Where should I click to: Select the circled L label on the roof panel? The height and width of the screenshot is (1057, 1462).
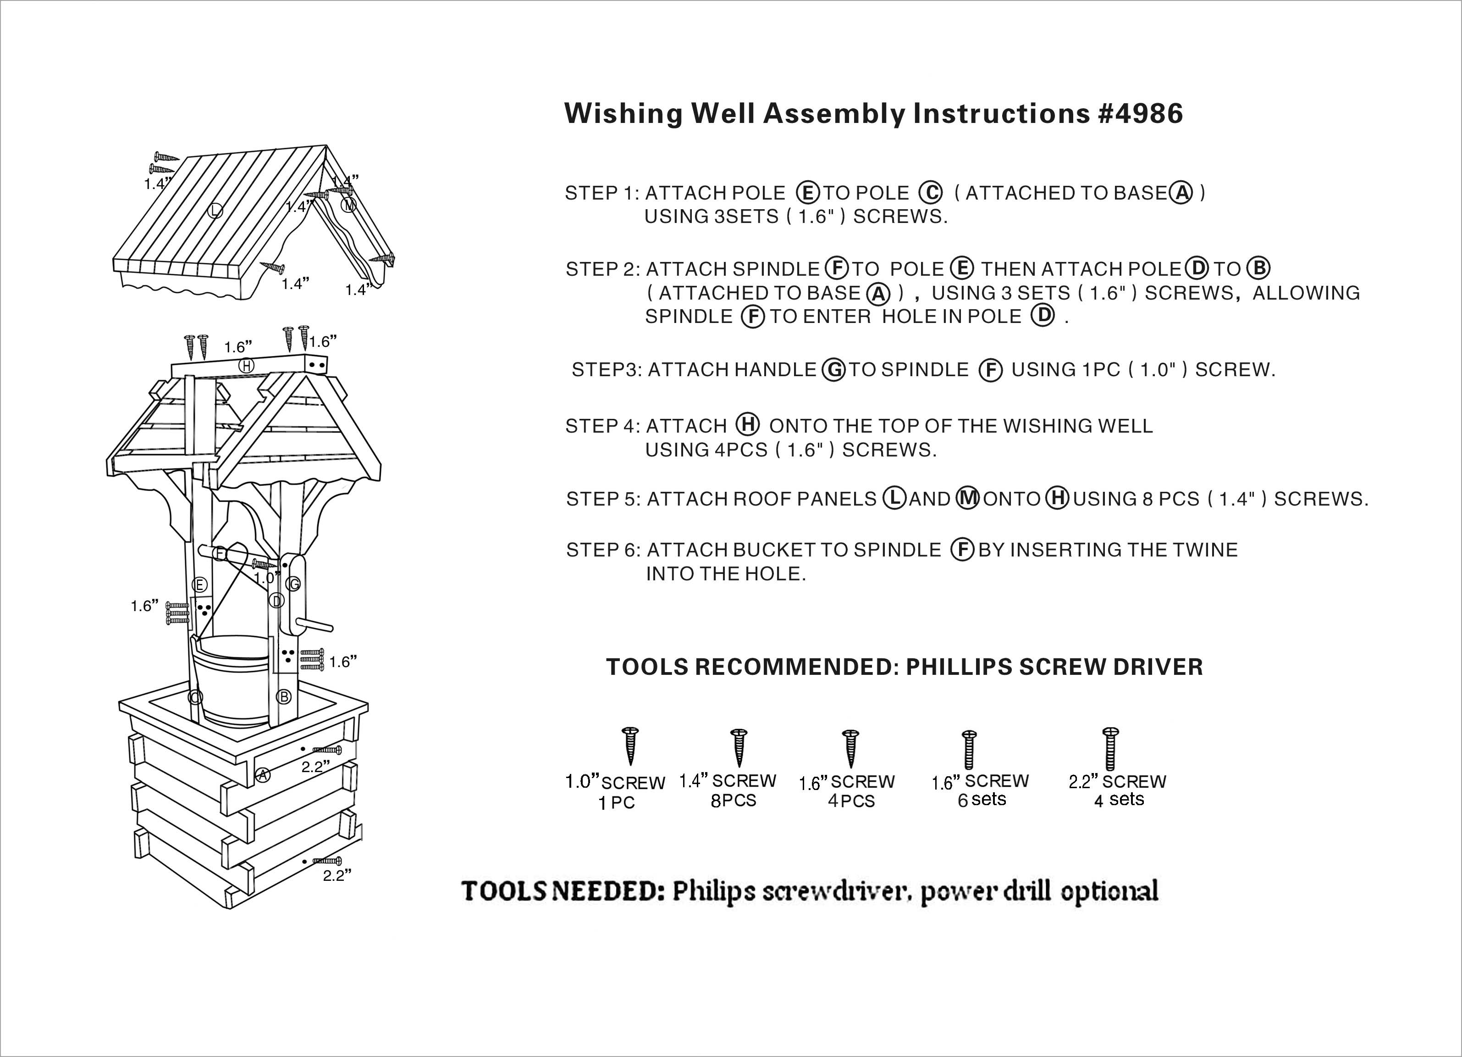[215, 210]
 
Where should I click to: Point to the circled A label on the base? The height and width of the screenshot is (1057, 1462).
[262, 775]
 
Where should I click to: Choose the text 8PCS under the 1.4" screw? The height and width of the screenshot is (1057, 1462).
[733, 801]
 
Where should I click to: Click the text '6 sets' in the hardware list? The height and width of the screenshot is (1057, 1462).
[982, 800]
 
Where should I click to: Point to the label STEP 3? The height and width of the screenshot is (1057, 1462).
[606, 370]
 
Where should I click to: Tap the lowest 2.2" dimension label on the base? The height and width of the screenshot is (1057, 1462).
[337, 876]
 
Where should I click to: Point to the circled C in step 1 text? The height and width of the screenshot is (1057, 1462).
[930, 193]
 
